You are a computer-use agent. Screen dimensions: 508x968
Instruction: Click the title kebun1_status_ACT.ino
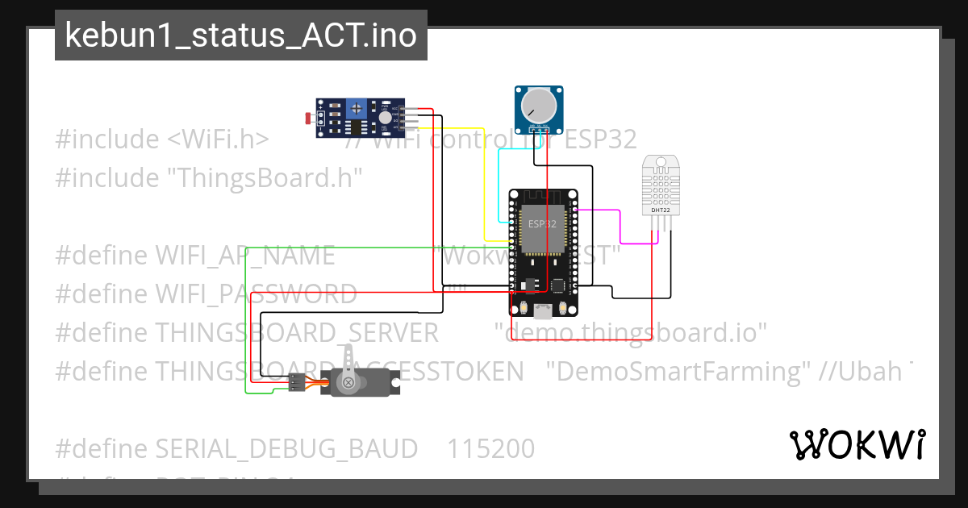(x=240, y=35)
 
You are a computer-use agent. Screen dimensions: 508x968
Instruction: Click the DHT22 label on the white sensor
(x=660, y=210)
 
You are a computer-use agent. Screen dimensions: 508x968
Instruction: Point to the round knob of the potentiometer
(x=538, y=106)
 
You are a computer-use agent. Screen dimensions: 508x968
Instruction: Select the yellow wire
(x=483, y=177)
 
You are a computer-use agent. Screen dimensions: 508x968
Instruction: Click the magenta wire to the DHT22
(x=620, y=226)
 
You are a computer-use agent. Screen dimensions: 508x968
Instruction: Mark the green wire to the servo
(x=245, y=323)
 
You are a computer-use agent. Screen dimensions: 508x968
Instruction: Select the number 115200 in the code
(x=490, y=448)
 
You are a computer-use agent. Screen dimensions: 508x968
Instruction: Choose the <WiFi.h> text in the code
(x=218, y=139)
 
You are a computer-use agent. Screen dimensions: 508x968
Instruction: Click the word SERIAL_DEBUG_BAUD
(x=286, y=448)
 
